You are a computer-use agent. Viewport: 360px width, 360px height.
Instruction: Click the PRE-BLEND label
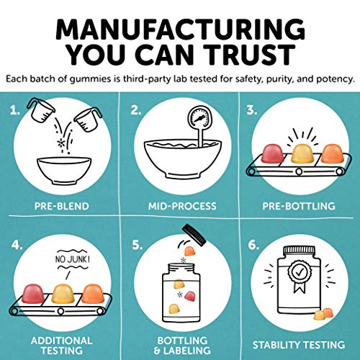tap(62, 206)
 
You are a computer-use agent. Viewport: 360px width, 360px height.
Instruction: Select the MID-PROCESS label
tap(182, 206)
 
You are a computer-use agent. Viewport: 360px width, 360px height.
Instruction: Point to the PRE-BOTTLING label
tap(299, 206)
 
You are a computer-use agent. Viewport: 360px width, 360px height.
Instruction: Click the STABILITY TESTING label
tap(299, 345)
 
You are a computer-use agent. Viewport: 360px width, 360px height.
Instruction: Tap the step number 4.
tap(17, 245)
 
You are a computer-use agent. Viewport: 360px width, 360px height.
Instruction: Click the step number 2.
tap(136, 110)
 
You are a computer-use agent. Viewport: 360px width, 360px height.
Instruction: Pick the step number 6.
tap(253, 245)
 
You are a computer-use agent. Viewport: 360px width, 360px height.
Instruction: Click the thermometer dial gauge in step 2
tap(199, 118)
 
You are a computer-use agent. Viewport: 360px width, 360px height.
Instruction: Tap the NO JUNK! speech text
tap(73, 259)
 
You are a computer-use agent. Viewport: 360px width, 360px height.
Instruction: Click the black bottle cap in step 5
tap(194, 235)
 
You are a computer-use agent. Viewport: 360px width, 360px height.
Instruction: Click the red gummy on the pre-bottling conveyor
tap(273, 154)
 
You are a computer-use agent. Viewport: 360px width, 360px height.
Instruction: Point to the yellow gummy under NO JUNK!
tap(63, 294)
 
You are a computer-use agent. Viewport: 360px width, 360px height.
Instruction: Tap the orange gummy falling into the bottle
tap(190, 251)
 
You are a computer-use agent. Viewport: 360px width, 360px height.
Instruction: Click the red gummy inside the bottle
tap(190, 296)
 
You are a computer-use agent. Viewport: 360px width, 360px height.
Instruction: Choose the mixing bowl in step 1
tap(64, 171)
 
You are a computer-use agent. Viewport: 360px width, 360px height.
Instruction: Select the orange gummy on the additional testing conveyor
tap(93, 294)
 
